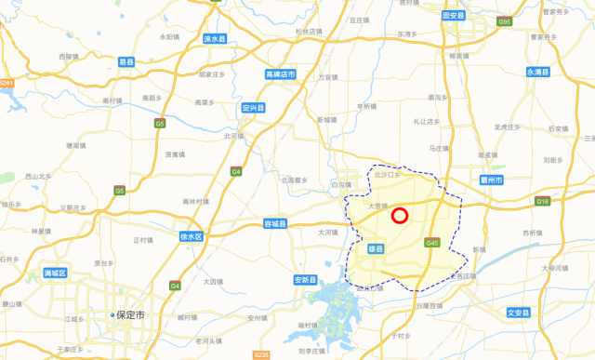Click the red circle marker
[400, 216]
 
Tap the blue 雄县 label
[376, 248]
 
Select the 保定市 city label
[131, 315]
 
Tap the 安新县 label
[306, 280]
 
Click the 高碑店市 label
[280, 74]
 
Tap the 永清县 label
[538, 72]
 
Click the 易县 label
[126, 62]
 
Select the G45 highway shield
[431, 243]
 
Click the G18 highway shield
[543, 201]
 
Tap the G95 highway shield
[531, 21]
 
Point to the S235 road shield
[261, 354]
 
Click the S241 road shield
[7, 84]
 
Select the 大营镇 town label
[377, 207]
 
